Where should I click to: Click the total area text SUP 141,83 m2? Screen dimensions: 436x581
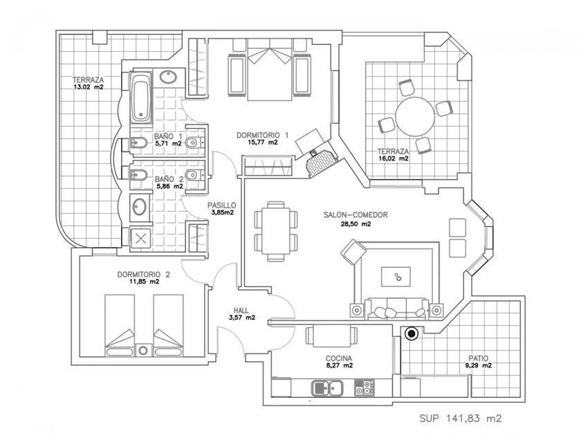pyautogui.click(x=460, y=419)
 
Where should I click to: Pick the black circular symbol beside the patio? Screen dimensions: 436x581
pyautogui.click(x=412, y=335)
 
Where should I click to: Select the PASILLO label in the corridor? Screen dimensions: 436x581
pyautogui.click(x=222, y=209)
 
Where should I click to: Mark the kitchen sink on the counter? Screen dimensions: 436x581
pyautogui.click(x=322, y=388)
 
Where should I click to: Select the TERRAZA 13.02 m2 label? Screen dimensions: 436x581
pyautogui.click(x=88, y=83)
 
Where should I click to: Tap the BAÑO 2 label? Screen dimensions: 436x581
pyautogui.click(x=169, y=182)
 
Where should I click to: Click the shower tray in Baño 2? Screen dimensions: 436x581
pyautogui.click(x=142, y=237)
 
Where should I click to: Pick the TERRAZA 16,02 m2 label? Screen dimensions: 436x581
pyautogui.click(x=393, y=154)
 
